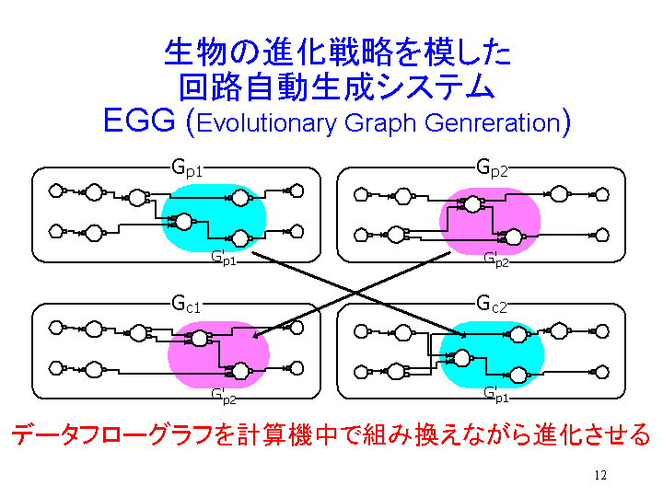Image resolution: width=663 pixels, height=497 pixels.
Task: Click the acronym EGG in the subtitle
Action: point(139,121)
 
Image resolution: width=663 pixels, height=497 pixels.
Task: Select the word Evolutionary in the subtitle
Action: point(266,123)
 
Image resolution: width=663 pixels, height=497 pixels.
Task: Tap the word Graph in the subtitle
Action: point(380,123)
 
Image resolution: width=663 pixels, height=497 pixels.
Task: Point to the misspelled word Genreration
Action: point(493,122)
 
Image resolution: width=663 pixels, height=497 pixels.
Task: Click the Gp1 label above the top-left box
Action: point(187,168)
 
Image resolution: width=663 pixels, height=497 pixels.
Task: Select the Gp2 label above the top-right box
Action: point(492,168)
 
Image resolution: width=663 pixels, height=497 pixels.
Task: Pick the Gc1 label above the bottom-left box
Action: point(186,304)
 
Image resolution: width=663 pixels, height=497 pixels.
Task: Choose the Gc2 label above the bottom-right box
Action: point(492,304)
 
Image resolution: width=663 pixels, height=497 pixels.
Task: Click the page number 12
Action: point(600,476)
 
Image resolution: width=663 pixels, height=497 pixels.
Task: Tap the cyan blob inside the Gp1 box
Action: point(214,218)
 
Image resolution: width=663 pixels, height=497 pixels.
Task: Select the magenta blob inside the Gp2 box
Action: point(490,222)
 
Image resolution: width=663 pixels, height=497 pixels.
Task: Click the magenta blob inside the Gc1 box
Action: point(218,354)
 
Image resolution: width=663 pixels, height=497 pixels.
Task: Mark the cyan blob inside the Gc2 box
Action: point(492,354)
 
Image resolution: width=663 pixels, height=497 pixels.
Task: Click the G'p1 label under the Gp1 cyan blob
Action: point(223,258)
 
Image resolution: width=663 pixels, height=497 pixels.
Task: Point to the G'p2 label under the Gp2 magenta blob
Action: point(496,260)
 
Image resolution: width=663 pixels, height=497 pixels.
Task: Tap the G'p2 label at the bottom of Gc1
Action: point(223,397)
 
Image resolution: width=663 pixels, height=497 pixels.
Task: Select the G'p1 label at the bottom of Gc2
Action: point(496,395)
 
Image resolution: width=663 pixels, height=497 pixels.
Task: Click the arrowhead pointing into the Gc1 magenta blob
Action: point(257,335)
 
